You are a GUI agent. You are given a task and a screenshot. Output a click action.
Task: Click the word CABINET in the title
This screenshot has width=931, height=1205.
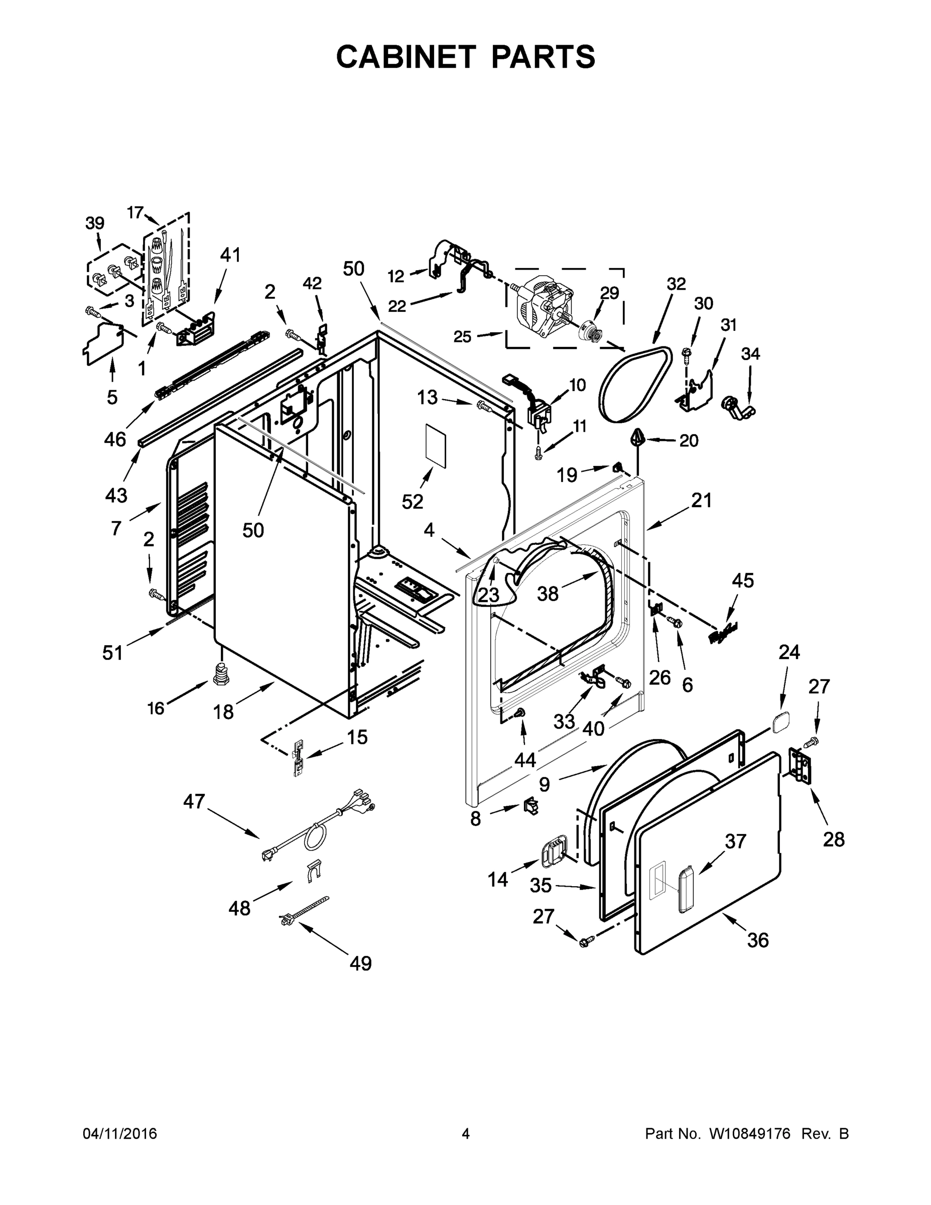pyautogui.click(x=406, y=57)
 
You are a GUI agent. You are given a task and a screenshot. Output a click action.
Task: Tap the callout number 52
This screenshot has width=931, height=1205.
pyautogui.click(x=412, y=502)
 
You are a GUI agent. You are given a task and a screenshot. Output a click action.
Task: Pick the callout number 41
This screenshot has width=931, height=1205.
pyautogui.click(x=230, y=255)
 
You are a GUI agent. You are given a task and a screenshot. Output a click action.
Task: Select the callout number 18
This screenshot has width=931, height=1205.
pyautogui.click(x=223, y=712)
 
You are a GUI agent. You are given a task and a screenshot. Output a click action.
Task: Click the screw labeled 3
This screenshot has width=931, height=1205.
pyautogui.click(x=92, y=312)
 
